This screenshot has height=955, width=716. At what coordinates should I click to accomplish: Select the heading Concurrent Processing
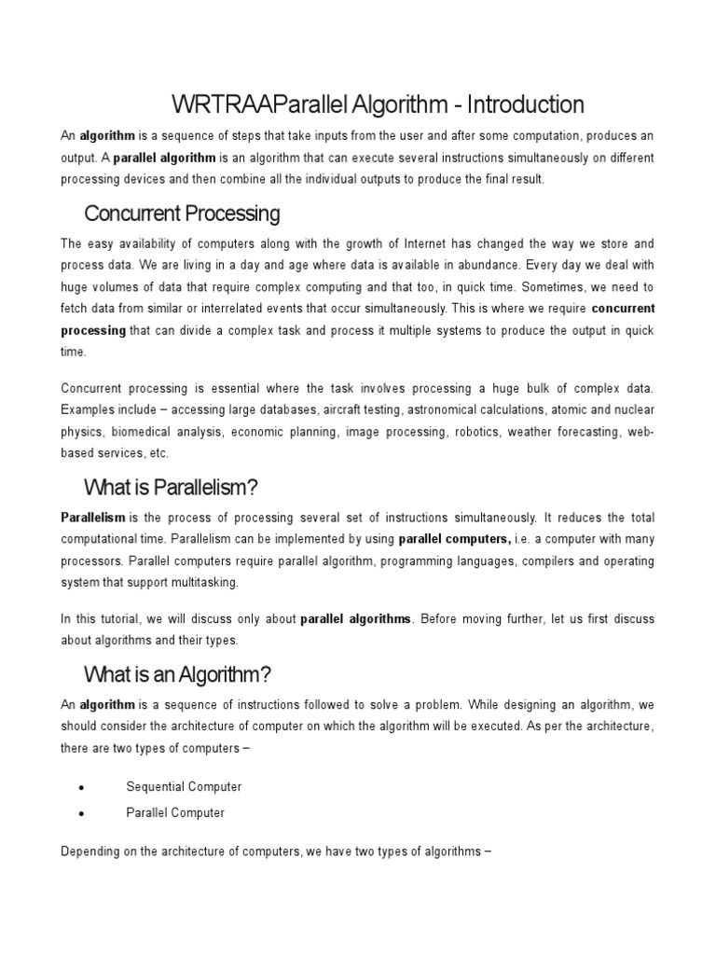point(182,214)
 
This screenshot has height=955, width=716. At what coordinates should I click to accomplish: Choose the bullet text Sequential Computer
point(184,787)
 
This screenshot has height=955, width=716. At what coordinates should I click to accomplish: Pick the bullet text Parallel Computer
point(175,812)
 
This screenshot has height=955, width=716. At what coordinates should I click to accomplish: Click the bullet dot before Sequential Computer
point(83,788)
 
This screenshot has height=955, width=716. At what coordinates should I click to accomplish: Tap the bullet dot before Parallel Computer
point(83,813)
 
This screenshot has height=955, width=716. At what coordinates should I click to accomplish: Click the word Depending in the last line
point(90,851)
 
